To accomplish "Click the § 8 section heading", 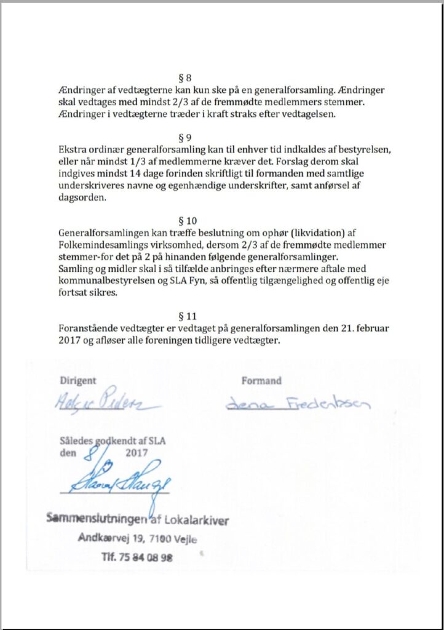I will [184, 78].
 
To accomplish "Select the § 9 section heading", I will [184, 138].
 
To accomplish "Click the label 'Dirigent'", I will [77, 380].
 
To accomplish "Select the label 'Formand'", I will [261, 380].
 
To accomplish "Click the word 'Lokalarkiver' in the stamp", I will [198, 520].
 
